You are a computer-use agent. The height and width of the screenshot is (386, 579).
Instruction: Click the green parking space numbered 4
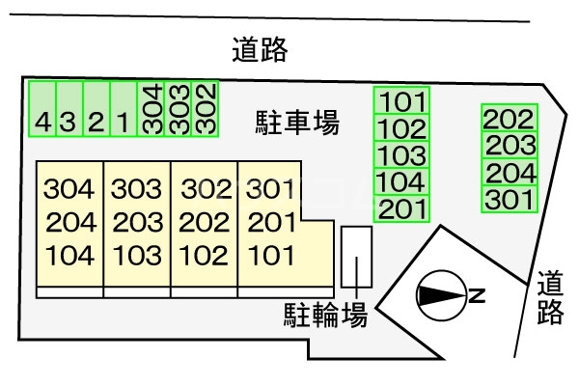point(42,110)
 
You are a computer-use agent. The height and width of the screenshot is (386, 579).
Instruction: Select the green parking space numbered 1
point(124,110)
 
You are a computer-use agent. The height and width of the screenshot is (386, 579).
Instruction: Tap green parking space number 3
point(69,110)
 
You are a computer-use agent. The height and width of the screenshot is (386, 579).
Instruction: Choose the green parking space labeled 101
point(402,100)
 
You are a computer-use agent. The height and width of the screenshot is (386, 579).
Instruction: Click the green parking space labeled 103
point(402,155)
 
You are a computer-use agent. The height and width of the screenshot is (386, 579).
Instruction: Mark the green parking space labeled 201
point(402,208)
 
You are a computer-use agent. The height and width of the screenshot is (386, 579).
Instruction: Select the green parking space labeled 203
point(510,146)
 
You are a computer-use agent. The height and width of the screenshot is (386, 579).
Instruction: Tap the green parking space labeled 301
point(510,200)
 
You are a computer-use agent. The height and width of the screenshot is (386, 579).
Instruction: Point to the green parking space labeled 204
point(510,173)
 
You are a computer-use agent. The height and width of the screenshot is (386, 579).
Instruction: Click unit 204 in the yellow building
point(70,223)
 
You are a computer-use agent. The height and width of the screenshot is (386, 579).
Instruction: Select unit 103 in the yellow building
point(137,256)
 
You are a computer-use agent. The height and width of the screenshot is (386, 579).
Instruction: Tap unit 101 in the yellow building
point(269,256)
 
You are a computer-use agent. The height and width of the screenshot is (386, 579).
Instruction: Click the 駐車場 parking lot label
point(296,122)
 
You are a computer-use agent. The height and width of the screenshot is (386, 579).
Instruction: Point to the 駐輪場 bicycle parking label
point(324,314)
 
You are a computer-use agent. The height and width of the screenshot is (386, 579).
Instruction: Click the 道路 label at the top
point(260,49)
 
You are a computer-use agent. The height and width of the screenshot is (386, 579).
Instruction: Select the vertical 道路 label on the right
point(550,297)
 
